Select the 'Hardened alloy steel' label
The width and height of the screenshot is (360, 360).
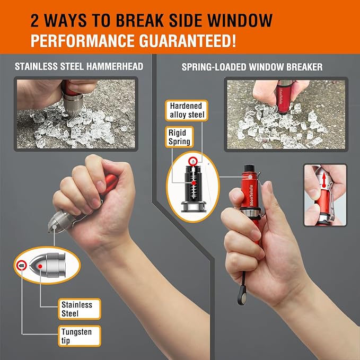click(x=186, y=110)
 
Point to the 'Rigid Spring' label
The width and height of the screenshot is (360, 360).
click(x=178, y=136)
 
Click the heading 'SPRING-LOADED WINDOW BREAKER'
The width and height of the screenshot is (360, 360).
click(x=252, y=67)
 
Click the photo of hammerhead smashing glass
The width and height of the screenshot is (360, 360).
click(x=77, y=113)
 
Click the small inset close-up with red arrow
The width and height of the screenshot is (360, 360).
click(x=325, y=195)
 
